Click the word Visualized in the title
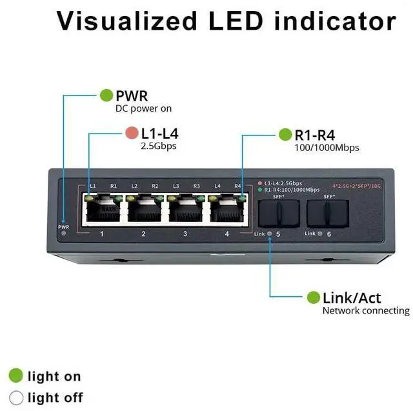tap(126, 21)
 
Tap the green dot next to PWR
tap(106, 95)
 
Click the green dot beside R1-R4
tap(285, 135)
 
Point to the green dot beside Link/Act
tap(314, 297)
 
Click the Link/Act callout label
tap(352, 297)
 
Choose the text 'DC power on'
tap(143, 109)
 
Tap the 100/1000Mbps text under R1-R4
tap(327, 148)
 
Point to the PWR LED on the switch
tap(63, 233)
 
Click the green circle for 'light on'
tap(15, 376)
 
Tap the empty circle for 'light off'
tap(15, 397)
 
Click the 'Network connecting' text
tap(366, 311)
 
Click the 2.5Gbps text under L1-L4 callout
tap(159, 146)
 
